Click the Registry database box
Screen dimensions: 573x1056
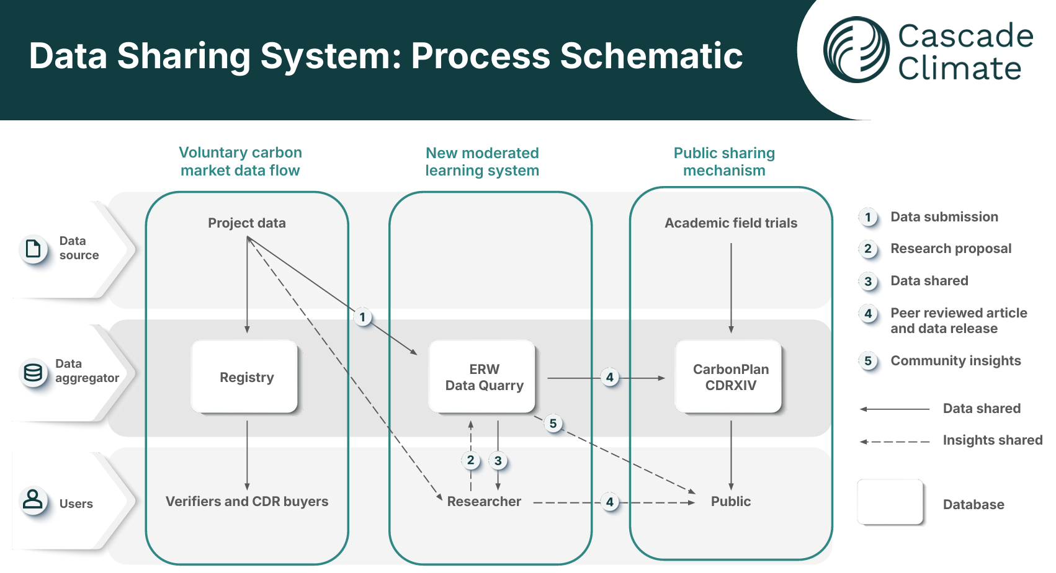[x=246, y=376]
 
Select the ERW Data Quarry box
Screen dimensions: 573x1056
[x=483, y=376]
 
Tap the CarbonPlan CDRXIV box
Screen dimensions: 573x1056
[x=729, y=376]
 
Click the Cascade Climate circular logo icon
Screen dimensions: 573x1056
[x=856, y=50]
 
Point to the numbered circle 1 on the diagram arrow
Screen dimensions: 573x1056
[x=363, y=317]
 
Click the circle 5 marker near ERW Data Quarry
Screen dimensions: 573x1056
[x=553, y=424]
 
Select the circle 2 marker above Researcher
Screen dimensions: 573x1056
[x=470, y=460]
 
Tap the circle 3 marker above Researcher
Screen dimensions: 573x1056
[x=498, y=461]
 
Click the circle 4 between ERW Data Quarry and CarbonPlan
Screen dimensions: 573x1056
[x=610, y=377]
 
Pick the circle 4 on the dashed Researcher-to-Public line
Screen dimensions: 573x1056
[x=610, y=502]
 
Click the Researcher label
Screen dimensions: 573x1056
[x=484, y=501]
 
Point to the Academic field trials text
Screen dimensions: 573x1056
[x=730, y=223]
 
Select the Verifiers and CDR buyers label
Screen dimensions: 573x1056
[x=247, y=501]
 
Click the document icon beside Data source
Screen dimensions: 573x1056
[x=33, y=249]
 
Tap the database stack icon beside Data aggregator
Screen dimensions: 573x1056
[x=33, y=372]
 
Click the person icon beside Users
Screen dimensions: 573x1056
[x=33, y=499]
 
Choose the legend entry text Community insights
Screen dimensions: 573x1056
[x=955, y=360]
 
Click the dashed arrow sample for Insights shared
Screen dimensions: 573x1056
[x=894, y=442]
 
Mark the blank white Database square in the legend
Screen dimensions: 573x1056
[x=890, y=501]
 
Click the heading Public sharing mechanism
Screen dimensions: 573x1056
[x=724, y=161]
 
